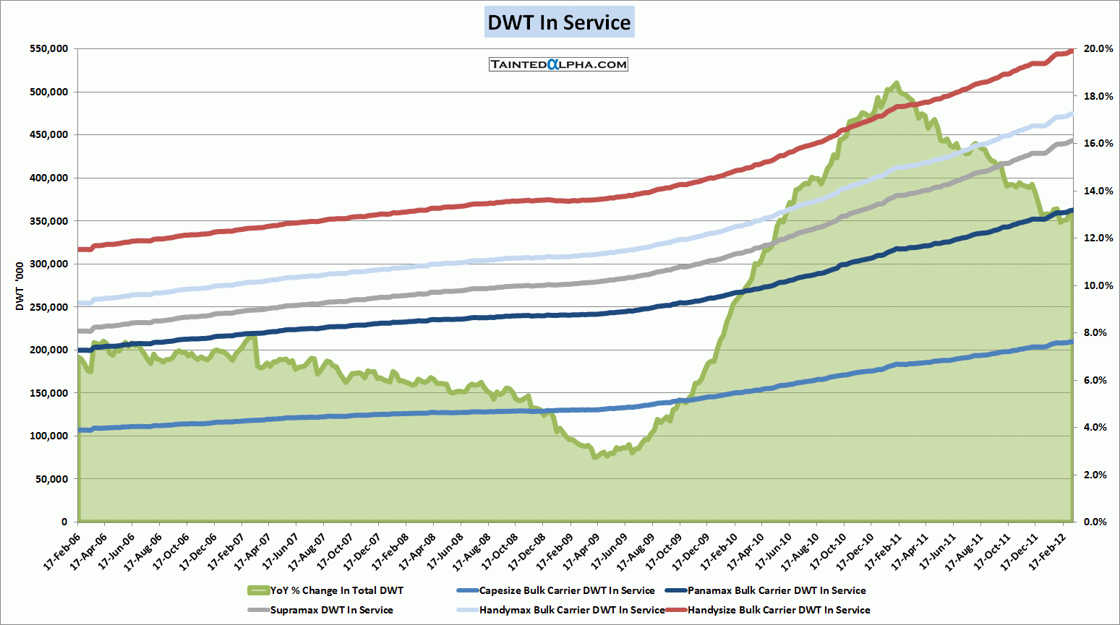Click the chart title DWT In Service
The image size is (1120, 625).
[559, 22]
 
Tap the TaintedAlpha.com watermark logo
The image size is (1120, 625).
[558, 64]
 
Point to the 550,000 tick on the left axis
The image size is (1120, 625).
[48, 49]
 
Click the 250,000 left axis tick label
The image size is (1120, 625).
[48, 307]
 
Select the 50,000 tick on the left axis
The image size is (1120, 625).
[51, 479]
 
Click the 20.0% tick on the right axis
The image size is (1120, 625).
[1093, 49]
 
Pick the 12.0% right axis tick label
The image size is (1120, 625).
[1093, 238]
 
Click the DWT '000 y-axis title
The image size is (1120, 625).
[20, 286]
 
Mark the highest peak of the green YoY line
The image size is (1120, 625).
[897, 83]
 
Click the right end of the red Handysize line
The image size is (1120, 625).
[1072, 51]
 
